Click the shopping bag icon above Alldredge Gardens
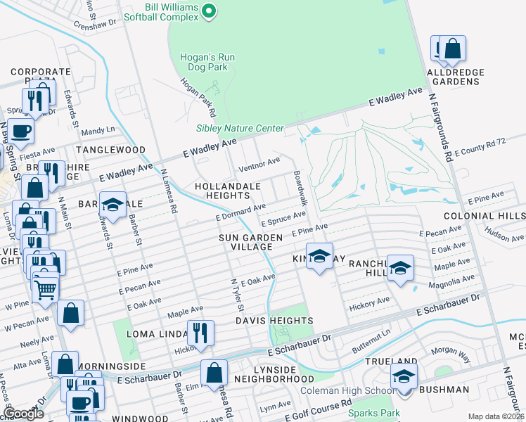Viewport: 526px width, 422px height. point(454,49)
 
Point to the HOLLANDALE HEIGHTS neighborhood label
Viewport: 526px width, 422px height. point(229,191)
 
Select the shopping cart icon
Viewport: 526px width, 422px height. point(45,289)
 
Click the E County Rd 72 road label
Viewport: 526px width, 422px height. point(480,147)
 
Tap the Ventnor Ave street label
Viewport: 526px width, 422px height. point(259,165)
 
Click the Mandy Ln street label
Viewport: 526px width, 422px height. point(98,131)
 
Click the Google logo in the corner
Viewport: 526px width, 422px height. point(23,414)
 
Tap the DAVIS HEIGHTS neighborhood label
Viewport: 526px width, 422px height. point(278,321)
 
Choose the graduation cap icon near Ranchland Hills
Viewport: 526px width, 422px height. point(400,267)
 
